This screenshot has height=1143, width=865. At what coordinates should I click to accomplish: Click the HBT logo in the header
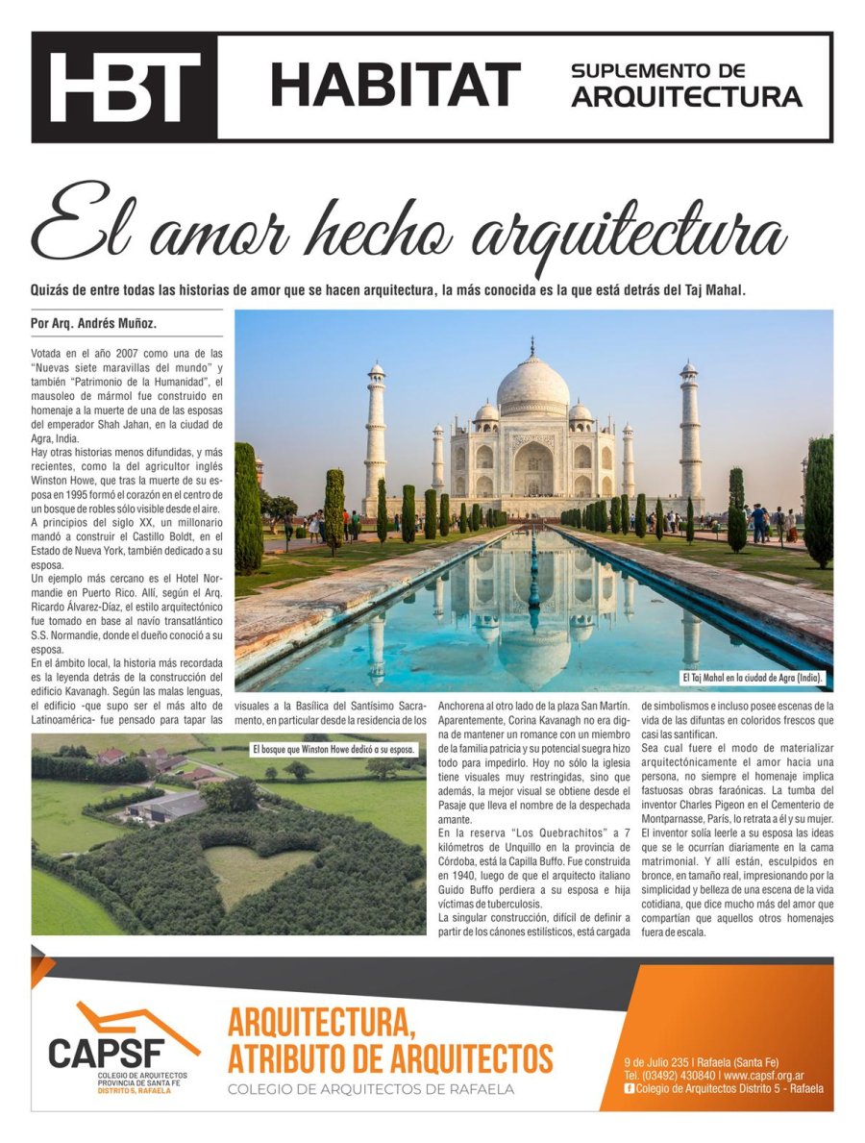125,87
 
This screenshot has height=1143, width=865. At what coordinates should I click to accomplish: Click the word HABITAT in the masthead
395,85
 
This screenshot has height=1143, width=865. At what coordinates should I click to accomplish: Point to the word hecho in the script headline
381,228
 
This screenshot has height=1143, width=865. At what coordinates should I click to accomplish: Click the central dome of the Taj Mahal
532,384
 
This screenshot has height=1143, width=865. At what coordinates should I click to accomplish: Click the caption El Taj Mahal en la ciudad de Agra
752,679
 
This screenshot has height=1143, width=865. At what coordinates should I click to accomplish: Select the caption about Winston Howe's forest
334,748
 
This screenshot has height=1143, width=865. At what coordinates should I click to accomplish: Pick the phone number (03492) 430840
670,1075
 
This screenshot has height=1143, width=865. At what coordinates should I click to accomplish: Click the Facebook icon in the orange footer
629,1088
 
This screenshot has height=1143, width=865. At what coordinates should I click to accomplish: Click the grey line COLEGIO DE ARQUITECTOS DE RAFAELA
370,1089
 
